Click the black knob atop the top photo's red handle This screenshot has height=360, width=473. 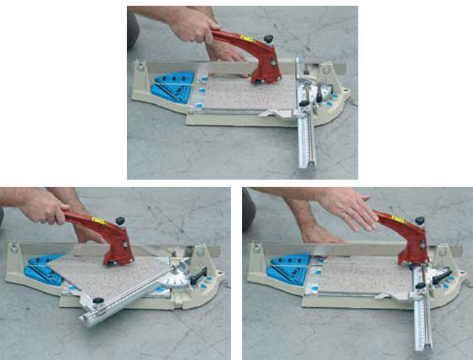tap(268, 39)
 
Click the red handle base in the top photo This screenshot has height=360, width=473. tap(266, 69)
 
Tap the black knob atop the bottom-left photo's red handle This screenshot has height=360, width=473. tap(120, 220)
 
